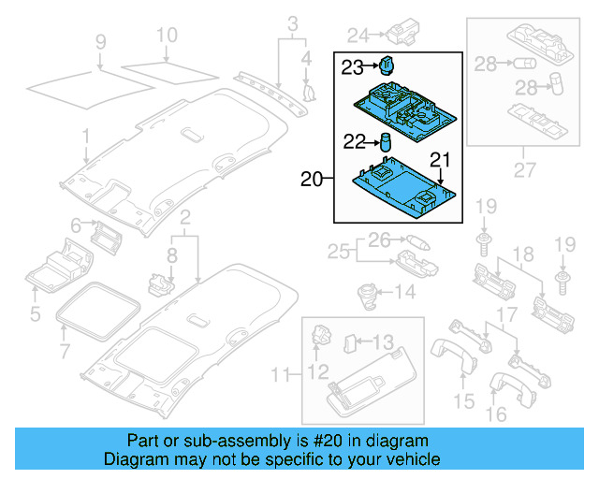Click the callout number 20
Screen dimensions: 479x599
pos(311,178)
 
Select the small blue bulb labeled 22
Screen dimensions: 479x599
pos(384,142)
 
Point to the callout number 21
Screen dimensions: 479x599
pos(440,159)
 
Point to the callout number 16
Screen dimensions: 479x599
pos(497,413)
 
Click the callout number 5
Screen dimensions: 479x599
pos(35,313)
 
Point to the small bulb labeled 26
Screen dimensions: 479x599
pos(417,242)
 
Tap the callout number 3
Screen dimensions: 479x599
pos(292,22)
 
